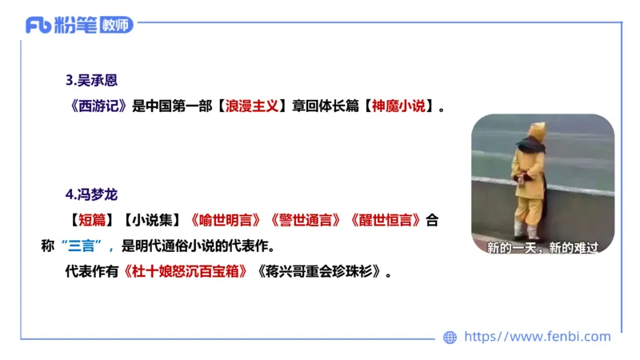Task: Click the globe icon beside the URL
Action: coord(450,337)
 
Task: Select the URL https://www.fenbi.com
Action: coord(538,337)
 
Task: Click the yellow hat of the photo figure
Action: coord(538,130)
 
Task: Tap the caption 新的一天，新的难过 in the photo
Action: coord(542,247)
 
